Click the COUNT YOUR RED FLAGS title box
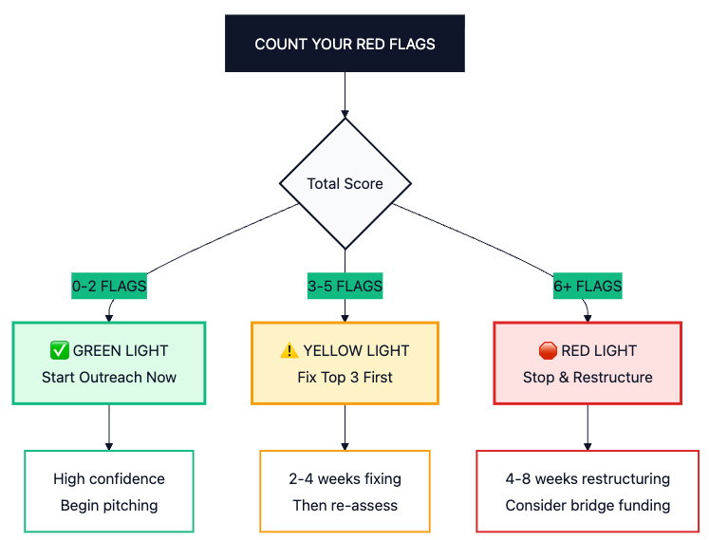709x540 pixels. [x=345, y=44]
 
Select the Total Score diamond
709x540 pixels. [x=345, y=183]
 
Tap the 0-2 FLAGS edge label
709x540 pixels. [x=109, y=286]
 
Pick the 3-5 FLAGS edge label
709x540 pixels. [x=345, y=286]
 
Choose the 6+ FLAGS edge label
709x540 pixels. [x=588, y=286]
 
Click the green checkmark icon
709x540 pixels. [x=60, y=350]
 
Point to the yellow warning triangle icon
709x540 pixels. [x=289, y=350]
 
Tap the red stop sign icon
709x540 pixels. [x=548, y=350]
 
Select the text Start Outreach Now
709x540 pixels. [x=109, y=377]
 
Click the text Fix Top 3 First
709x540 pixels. [x=345, y=377]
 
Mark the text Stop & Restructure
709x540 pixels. [x=588, y=377]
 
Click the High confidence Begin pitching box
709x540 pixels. [x=109, y=492]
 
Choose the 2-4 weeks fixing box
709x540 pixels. [x=345, y=492]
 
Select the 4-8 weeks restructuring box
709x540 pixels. [x=588, y=492]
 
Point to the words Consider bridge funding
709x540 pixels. [x=588, y=505]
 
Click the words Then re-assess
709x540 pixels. [x=345, y=505]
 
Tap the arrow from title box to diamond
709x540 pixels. [x=345, y=95]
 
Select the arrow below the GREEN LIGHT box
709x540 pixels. [x=109, y=427]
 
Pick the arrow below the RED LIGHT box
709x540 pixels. [x=588, y=427]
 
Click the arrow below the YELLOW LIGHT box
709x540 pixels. [x=345, y=427]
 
